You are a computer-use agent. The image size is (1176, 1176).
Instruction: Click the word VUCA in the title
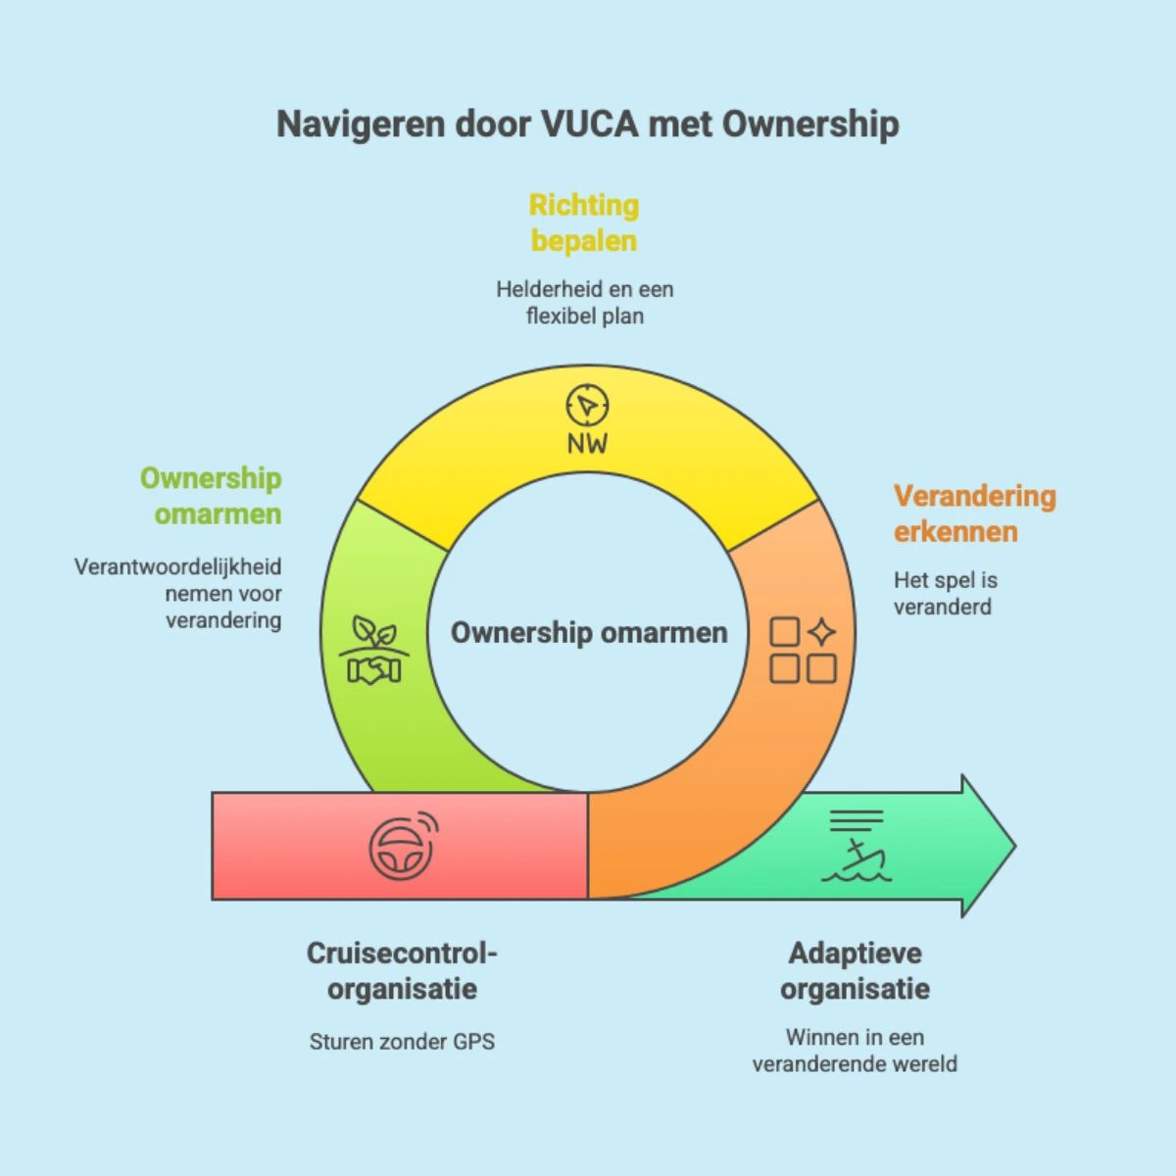(590, 123)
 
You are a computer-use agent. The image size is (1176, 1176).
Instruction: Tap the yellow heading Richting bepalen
(584, 222)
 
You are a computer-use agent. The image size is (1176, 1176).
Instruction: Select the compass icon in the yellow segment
(587, 405)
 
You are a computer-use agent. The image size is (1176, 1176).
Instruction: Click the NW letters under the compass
(587, 444)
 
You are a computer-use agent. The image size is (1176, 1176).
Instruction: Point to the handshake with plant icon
(374, 650)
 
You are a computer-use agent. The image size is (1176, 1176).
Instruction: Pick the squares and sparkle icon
(803, 650)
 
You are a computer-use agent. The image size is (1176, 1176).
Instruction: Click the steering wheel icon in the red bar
(404, 846)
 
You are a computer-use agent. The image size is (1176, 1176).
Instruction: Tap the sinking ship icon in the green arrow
(857, 845)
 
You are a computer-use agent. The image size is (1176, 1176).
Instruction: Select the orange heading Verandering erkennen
(974, 514)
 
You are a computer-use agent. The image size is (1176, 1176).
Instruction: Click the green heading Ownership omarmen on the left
(211, 496)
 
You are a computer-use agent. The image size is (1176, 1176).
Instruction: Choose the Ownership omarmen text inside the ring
(589, 632)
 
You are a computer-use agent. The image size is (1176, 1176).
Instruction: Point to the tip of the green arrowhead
(1016, 846)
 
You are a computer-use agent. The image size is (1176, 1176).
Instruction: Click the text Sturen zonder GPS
(402, 1042)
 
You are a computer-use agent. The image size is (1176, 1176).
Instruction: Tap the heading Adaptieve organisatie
(855, 971)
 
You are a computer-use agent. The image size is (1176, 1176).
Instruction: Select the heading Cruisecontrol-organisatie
(402, 971)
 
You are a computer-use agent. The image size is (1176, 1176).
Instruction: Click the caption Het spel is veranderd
(946, 593)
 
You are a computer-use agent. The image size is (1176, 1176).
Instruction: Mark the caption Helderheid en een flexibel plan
(585, 303)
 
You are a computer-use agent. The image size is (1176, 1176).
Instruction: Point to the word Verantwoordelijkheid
(178, 567)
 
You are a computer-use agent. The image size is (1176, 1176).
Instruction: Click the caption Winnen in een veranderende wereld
(855, 1051)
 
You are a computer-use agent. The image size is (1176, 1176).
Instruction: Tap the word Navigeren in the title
(361, 124)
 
